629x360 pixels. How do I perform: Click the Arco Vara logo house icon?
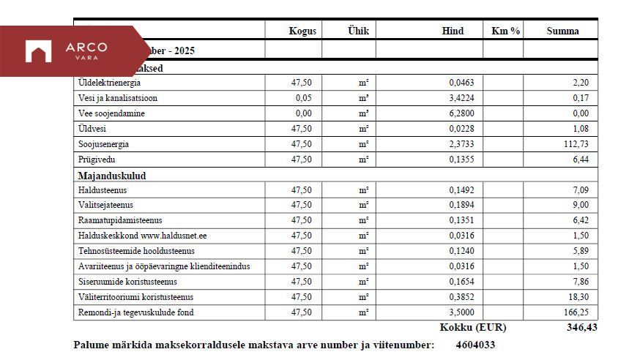click(38, 51)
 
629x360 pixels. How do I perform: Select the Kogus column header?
click(302, 31)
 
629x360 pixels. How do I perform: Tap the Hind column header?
click(453, 31)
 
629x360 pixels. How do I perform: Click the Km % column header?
click(505, 31)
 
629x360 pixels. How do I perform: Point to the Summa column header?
click(562, 31)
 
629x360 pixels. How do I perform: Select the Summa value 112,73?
click(575, 144)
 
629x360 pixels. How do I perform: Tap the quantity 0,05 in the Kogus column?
click(304, 98)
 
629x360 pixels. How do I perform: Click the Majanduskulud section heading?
click(112, 176)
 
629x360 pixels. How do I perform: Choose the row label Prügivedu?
click(97, 160)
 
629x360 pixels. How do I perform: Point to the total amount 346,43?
click(581, 328)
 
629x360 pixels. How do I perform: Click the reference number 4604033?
click(475, 345)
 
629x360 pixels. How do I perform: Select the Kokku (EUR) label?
click(472, 328)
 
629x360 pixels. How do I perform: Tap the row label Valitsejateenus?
click(105, 205)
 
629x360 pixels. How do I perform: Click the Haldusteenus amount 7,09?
click(578, 190)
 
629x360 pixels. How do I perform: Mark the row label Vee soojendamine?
click(111, 113)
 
